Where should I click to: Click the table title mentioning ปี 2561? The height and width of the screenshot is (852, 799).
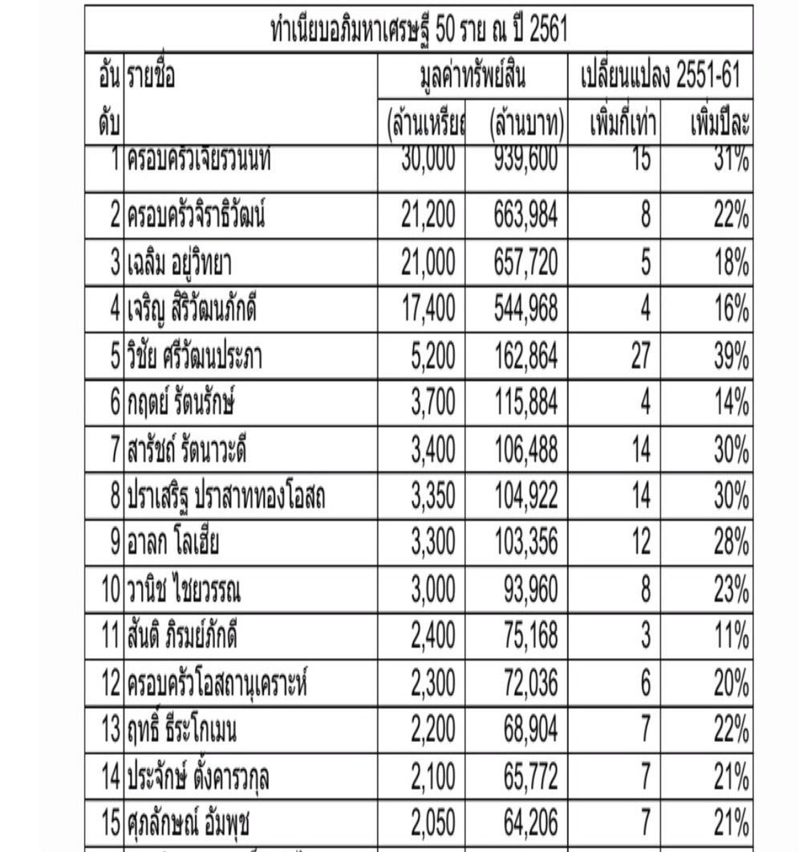point(419,30)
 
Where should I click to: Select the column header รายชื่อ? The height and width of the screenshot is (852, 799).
point(151,77)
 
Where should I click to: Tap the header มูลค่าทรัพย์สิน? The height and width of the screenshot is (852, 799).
point(473,78)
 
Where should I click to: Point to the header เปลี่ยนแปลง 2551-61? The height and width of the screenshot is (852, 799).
point(659,78)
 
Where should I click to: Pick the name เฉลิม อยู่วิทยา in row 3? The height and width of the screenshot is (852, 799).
point(180,262)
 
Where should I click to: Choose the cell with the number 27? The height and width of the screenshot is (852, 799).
point(640,355)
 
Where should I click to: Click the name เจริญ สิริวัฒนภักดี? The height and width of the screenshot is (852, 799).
point(192,308)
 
